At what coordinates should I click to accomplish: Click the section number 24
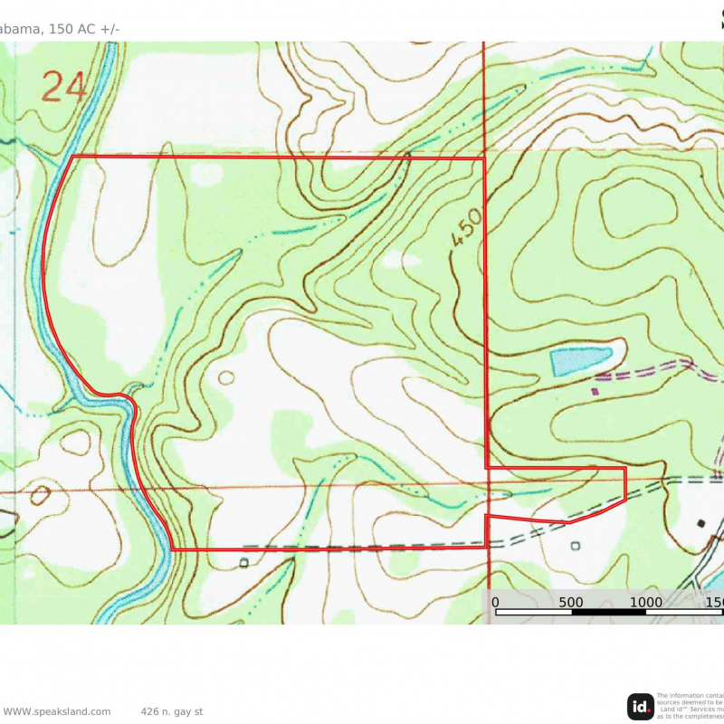pos(64,88)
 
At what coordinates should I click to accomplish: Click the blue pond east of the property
pos(580,360)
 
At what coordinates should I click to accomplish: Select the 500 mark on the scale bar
pos(571,601)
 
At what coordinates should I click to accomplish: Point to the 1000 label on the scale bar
pos(644,601)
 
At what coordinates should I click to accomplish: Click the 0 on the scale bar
pos(495,601)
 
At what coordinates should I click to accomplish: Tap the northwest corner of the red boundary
pos(72,157)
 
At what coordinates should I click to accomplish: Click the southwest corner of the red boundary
pos(172,549)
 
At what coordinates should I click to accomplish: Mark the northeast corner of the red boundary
pos(485,158)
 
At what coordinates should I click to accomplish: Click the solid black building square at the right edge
pos(700,523)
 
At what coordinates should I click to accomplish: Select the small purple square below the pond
pos(595,392)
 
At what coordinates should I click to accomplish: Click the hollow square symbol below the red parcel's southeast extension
pos(576,546)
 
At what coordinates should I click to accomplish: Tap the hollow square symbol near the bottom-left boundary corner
pos(243,563)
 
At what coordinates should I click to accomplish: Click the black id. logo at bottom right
pos(640,706)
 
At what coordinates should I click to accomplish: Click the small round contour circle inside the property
pos(225,377)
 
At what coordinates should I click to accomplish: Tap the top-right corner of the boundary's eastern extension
pos(625,469)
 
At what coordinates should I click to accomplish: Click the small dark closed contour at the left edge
pos(40,495)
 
